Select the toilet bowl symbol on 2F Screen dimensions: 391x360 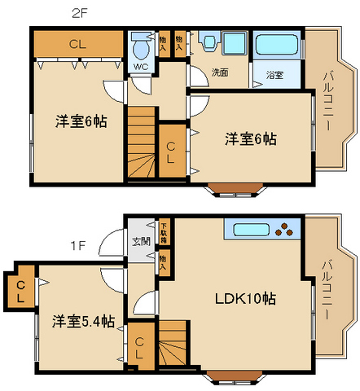tap(140, 46)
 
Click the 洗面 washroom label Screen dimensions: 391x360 tap(220, 72)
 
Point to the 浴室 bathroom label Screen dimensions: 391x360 tap(274, 75)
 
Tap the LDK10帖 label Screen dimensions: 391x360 tap(245, 298)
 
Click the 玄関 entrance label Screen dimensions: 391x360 tap(139, 242)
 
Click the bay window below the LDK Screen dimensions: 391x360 tap(239, 376)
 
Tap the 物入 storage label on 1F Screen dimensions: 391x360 tap(164, 261)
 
